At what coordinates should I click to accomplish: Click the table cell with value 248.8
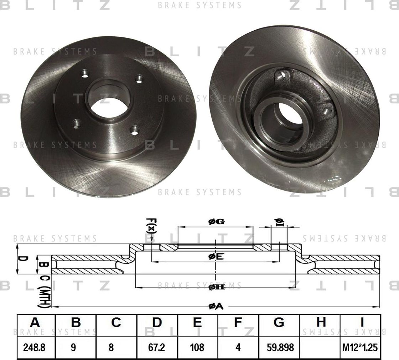35,347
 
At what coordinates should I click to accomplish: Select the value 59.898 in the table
279,347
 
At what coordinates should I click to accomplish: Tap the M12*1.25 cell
361,347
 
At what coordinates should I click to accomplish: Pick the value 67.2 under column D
157,347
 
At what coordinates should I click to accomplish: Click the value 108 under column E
198,347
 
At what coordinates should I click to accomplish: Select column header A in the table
35,323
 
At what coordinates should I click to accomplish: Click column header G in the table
279,323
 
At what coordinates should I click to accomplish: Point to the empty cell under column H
321,347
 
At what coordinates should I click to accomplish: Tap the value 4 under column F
238,347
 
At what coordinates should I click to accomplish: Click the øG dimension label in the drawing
216,222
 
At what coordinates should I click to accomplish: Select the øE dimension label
216,256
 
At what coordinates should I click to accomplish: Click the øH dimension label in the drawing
216,287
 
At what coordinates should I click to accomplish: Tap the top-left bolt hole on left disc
85,74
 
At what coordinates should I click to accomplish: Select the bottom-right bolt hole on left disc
134,130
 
